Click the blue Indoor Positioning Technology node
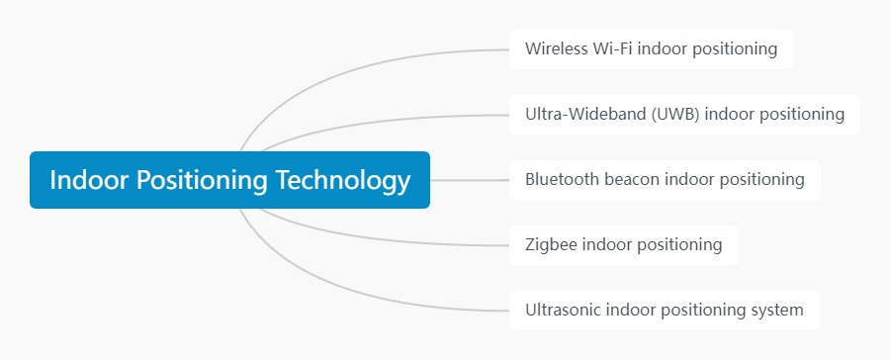coord(229,180)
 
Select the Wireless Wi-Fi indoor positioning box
coord(651,48)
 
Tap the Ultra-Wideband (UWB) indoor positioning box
coord(684,114)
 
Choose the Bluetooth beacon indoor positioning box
coord(665,180)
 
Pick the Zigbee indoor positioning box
coord(623,244)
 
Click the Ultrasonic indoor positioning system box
coord(664,310)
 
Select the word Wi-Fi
coord(613,48)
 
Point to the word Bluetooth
coord(562,180)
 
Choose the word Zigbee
coord(551,244)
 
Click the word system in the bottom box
coord(778,310)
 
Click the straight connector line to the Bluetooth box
coord(470,180)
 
